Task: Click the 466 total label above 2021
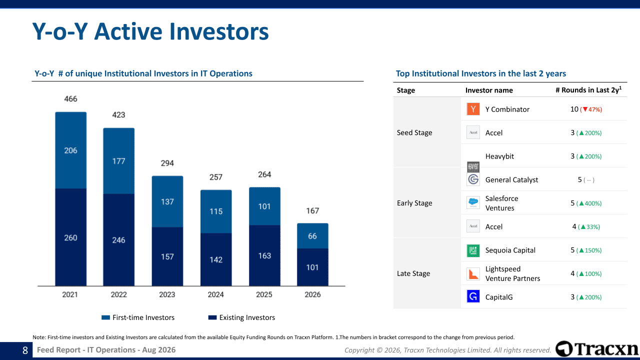[x=70, y=99]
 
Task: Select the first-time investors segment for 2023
[x=167, y=201]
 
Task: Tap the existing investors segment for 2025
[x=264, y=255]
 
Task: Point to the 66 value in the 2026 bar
[x=312, y=236]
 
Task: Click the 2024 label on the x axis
[x=215, y=294]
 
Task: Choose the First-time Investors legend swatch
[x=105, y=317]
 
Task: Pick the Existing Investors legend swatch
[x=212, y=317]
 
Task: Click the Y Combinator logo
[x=473, y=109]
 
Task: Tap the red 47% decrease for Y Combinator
[x=591, y=109]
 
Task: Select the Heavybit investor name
[x=499, y=156]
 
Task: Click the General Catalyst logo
[x=473, y=179]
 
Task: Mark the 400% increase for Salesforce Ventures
[x=589, y=203]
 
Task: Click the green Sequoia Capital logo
[x=473, y=250]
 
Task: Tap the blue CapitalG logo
[x=473, y=296]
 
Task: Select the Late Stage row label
[x=413, y=273]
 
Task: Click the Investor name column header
[x=489, y=90]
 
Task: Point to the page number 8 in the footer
[x=25, y=350]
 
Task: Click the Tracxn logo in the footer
[x=597, y=349]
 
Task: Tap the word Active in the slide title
[x=132, y=31]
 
